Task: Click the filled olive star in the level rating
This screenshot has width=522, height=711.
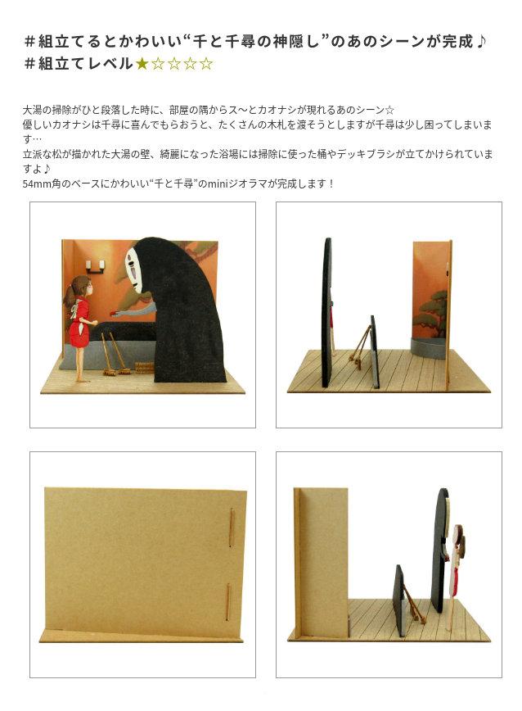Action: click(142, 64)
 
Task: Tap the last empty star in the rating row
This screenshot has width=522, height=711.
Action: click(206, 64)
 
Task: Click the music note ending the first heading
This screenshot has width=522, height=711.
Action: click(481, 42)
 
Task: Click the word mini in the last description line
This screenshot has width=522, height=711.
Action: click(218, 184)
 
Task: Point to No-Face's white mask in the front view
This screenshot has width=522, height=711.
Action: click(133, 269)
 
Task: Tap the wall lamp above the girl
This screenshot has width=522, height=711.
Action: click(96, 267)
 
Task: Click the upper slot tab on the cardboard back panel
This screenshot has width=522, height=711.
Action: click(231, 528)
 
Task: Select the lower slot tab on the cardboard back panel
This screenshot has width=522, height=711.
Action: click(227, 601)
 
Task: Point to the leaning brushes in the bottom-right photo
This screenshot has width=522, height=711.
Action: click(415, 606)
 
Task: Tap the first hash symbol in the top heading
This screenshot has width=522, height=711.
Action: click(30, 42)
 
